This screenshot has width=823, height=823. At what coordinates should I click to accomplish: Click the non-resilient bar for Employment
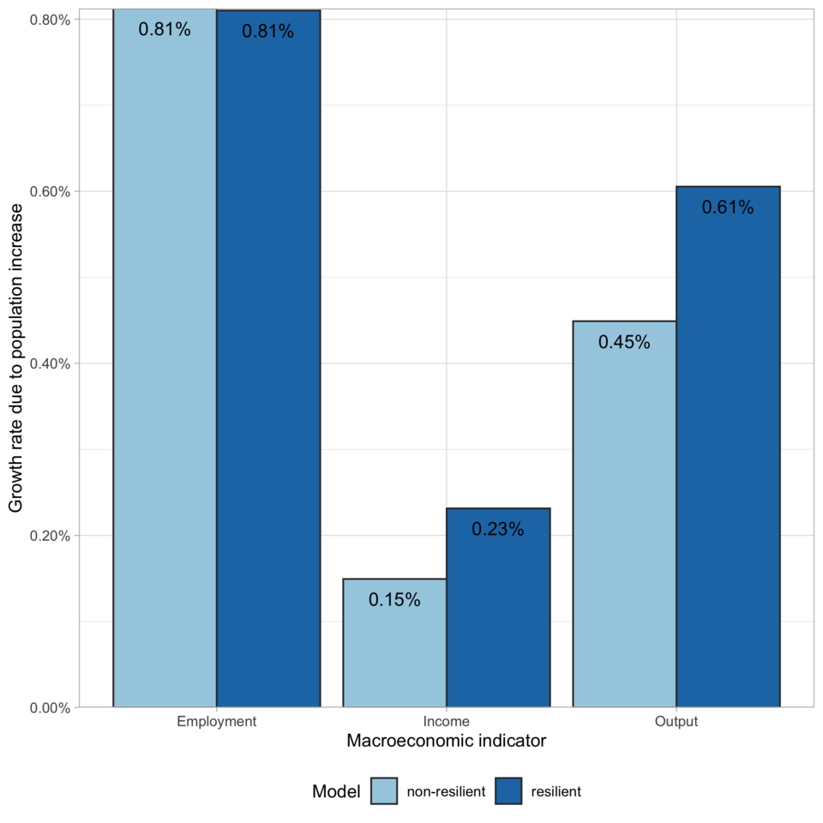pyautogui.click(x=165, y=360)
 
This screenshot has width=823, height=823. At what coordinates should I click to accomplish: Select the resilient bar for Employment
pyautogui.click(x=268, y=360)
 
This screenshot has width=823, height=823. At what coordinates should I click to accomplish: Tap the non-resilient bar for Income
pyautogui.click(x=394, y=643)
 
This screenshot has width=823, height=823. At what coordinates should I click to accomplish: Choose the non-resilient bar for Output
pyautogui.click(x=624, y=514)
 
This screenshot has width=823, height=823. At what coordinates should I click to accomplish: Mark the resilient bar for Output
pyautogui.click(x=728, y=446)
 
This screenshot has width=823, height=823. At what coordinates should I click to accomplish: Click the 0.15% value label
pyautogui.click(x=394, y=600)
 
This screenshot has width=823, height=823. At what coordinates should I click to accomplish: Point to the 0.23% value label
pyautogui.click(x=498, y=529)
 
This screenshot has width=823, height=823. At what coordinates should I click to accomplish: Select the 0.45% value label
pyautogui.click(x=624, y=342)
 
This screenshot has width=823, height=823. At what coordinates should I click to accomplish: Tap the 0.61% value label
pyautogui.click(x=728, y=207)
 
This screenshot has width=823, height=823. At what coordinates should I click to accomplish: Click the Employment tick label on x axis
pyautogui.click(x=216, y=722)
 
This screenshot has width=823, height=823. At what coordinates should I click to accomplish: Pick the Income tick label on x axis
pyautogui.click(x=446, y=722)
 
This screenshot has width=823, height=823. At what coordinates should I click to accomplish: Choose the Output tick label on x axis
pyautogui.click(x=676, y=722)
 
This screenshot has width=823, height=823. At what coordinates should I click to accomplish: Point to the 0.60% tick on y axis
pyautogui.click(x=49, y=191)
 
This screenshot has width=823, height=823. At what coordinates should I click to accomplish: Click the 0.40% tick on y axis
pyautogui.click(x=49, y=363)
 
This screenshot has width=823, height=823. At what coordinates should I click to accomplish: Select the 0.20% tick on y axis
pyautogui.click(x=49, y=536)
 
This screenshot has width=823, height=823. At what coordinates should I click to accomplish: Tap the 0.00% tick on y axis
pyautogui.click(x=49, y=707)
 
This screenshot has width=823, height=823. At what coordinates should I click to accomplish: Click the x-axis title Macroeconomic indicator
pyautogui.click(x=446, y=742)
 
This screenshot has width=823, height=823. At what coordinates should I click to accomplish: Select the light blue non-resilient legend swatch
pyautogui.click(x=385, y=791)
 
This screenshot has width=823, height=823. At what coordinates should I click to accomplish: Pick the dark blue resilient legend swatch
pyautogui.click(x=508, y=791)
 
